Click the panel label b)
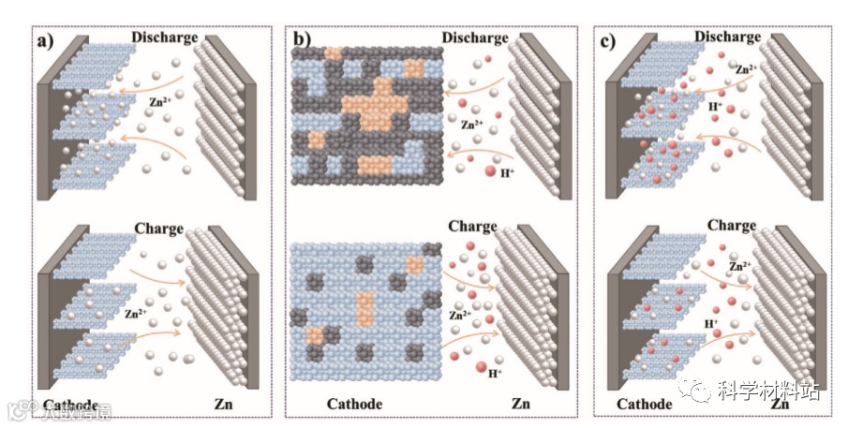pyautogui.click(x=302, y=40)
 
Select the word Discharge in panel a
pyautogui.click(x=165, y=37)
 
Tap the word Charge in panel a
pyautogui.click(x=158, y=228)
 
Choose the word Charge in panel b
pyautogui.click(x=471, y=227)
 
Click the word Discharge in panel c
pyautogui.click(x=729, y=37)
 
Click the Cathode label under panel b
pyautogui.click(x=355, y=405)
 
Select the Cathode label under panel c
pyautogui.click(x=645, y=405)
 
